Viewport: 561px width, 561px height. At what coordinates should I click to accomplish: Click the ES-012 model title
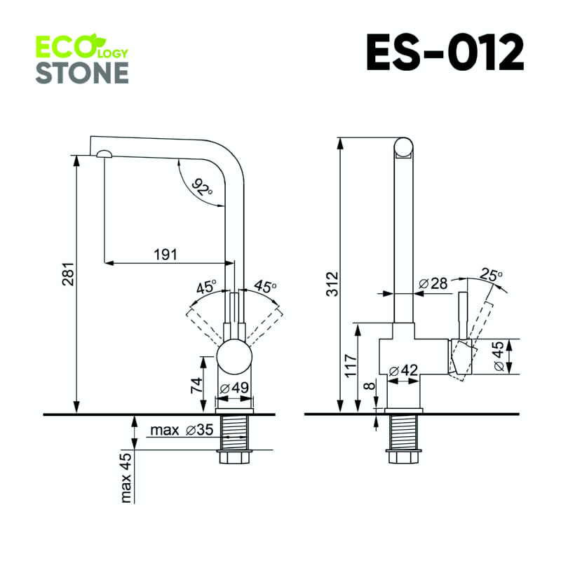pyautogui.click(x=445, y=52)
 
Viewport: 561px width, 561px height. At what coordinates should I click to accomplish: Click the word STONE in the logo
pyautogui.click(x=82, y=72)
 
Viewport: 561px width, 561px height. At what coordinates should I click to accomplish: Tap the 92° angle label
pyautogui.click(x=203, y=187)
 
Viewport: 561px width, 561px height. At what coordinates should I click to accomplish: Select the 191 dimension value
pyautogui.click(x=165, y=254)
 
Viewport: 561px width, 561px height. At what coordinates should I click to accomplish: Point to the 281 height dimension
pyautogui.click(x=65, y=278)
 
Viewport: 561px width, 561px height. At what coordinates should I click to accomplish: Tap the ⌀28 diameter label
pyautogui.click(x=433, y=283)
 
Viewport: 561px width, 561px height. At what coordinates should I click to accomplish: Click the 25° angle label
pyautogui.click(x=492, y=276)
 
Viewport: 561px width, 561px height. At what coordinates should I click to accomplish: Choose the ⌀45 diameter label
pyautogui.click(x=496, y=357)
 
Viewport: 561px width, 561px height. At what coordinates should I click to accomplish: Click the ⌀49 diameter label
pyautogui.click(x=234, y=388)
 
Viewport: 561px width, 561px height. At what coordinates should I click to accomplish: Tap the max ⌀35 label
pyautogui.click(x=180, y=430)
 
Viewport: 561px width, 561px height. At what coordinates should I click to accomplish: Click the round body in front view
pyautogui.click(x=234, y=358)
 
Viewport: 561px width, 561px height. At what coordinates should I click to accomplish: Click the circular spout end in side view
pyautogui.click(x=403, y=147)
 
